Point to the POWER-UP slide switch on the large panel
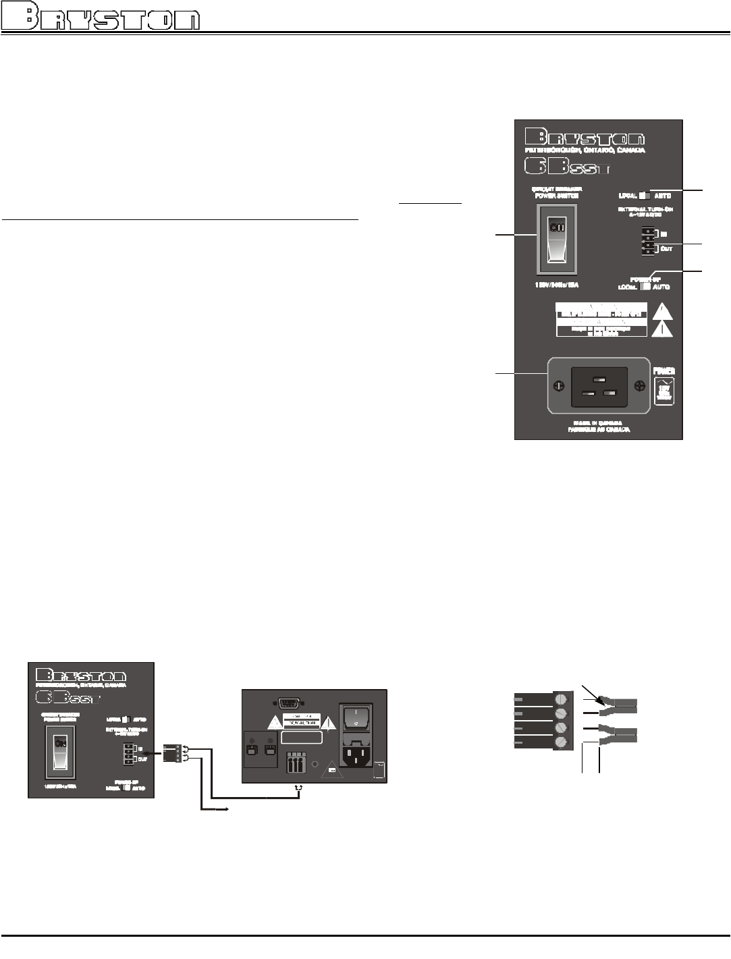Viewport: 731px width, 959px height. click(x=644, y=285)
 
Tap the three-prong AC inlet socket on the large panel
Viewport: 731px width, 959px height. click(x=599, y=387)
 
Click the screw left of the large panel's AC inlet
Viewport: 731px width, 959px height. click(x=558, y=386)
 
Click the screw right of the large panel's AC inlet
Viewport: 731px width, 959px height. click(x=639, y=386)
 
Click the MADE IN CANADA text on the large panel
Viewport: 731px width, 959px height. click(x=599, y=423)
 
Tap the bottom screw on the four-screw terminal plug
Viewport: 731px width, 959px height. click(x=560, y=742)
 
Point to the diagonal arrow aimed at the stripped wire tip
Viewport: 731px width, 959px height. click(x=590, y=693)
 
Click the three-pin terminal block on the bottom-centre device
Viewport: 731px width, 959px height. click(x=295, y=764)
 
